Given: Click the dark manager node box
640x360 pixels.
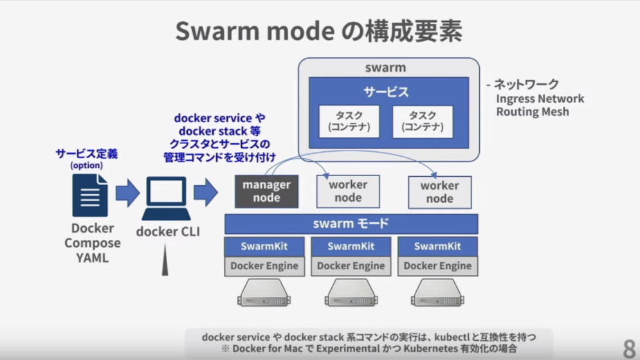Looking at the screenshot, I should point(266,192).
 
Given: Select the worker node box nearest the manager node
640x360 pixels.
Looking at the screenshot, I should point(348,192).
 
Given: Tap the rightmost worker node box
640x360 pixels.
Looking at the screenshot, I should point(439,192).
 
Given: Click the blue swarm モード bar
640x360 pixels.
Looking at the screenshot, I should point(351,224).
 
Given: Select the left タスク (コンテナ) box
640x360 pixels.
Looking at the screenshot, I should point(349,122).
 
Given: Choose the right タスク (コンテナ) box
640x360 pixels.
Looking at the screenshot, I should point(423,122).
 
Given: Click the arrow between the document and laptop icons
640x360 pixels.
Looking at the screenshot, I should point(127,193).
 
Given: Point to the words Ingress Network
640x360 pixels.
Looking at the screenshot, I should point(540,98).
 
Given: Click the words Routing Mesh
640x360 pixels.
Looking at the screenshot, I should point(532,111).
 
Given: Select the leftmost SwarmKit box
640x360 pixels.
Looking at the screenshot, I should point(264,246).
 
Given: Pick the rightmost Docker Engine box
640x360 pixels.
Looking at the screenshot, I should point(437,265).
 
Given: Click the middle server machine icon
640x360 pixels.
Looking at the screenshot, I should point(351,294).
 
